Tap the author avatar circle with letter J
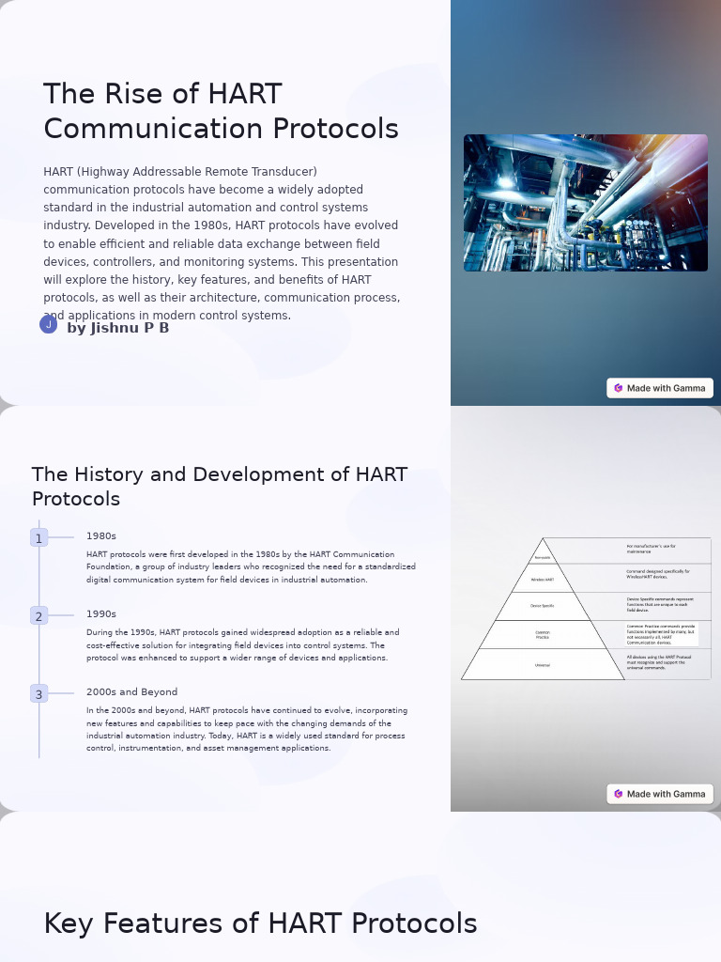(49, 325)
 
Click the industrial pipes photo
(585, 203)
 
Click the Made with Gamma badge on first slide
(660, 388)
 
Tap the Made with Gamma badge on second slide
(660, 794)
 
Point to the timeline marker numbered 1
(38, 538)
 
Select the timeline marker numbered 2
(38, 616)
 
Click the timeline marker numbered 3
(38, 694)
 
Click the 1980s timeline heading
(101, 536)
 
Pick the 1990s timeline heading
(101, 614)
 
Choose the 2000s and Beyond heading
(131, 692)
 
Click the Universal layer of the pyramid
(543, 665)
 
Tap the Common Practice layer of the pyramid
(543, 635)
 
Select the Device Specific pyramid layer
(543, 606)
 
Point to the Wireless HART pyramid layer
(543, 580)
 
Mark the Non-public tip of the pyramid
(543, 556)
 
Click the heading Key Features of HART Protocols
(260, 924)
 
